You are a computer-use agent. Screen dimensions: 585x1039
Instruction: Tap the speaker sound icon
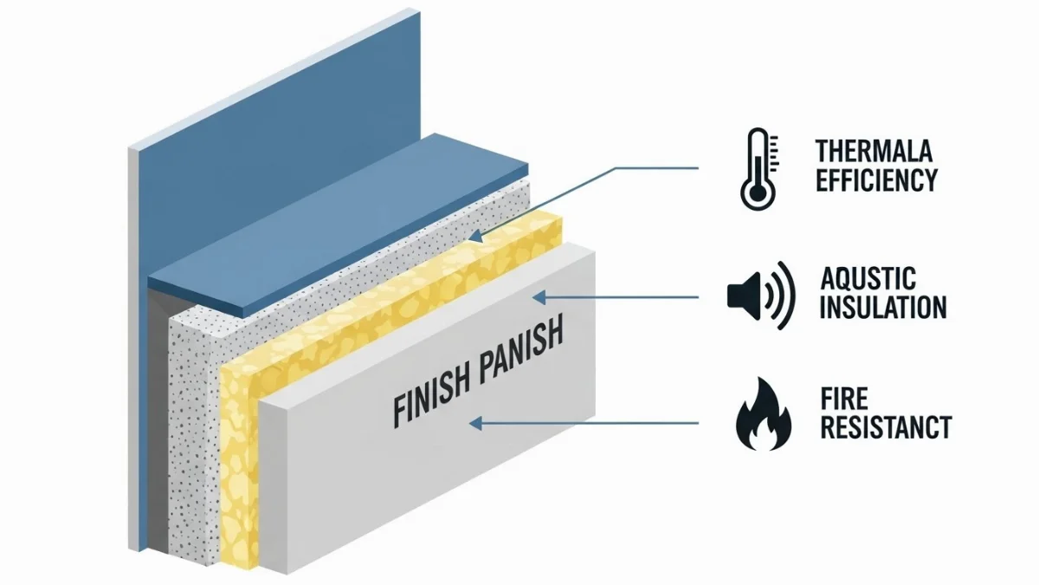(x=759, y=295)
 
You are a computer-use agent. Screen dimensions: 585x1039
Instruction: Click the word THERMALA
(x=874, y=152)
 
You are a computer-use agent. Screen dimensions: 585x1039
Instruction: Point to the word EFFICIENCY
(x=876, y=179)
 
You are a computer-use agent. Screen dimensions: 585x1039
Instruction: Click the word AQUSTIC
(x=868, y=279)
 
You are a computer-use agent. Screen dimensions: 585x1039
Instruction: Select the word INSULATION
(x=882, y=308)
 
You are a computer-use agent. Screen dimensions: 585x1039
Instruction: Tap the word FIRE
(x=844, y=400)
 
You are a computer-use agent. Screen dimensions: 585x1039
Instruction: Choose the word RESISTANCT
(x=885, y=427)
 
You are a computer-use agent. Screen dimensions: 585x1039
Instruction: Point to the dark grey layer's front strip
(x=156, y=416)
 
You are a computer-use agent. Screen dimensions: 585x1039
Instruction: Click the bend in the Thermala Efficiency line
(x=616, y=168)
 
